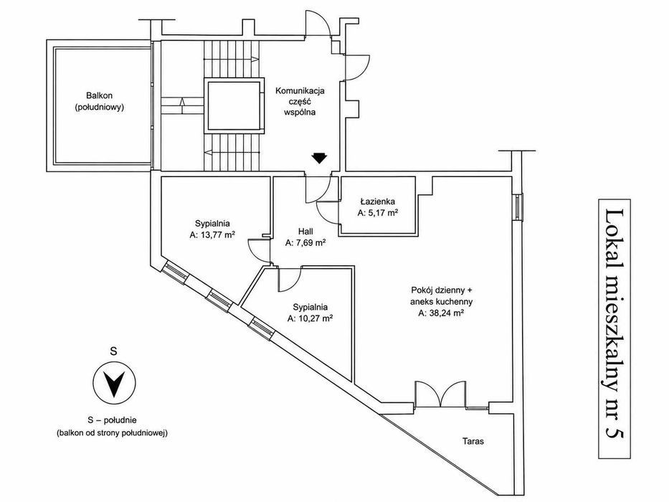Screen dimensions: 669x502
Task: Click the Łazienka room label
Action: pyautogui.click(x=377, y=202)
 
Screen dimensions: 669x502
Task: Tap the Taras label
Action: pyautogui.click(x=473, y=441)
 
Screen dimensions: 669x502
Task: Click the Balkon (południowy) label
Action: pyautogui.click(x=100, y=102)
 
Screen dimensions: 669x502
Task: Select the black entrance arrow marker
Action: pyautogui.click(x=318, y=158)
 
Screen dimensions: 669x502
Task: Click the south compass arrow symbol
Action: pyautogui.click(x=114, y=382)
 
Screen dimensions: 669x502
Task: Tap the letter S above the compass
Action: pyautogui.click(x=113, y=351)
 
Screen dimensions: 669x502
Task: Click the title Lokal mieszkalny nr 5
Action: pyautogui.click(x=615, y=328)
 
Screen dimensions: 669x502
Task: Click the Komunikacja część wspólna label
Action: pyautogui.click(x=300, y=102)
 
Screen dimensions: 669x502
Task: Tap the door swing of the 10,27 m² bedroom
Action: pyautogui.click(x=290, y=282)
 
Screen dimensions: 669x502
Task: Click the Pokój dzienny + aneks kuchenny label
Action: pyautogui.click(x=442, y=295)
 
